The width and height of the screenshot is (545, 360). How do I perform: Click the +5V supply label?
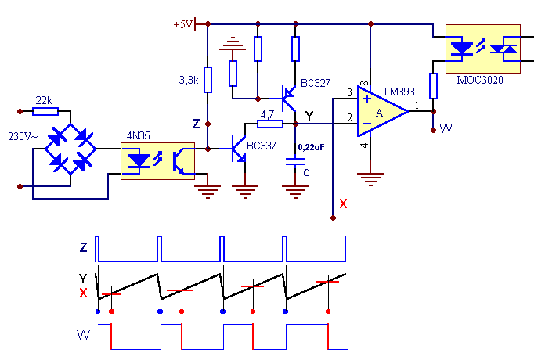point(182,25)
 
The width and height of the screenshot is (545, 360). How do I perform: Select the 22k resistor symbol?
point(45,112)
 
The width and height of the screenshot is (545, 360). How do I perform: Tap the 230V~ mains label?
point(23,136)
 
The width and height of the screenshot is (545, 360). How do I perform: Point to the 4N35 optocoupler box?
point(157,161)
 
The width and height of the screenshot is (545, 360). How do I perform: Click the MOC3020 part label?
point(480,81)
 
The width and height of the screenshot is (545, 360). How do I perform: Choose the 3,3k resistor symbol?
point(208,80)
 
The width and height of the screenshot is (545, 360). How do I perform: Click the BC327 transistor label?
point(316,83)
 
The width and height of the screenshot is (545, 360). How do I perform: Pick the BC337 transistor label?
point(262,146)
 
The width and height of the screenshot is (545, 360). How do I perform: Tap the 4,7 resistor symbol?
point(270,124)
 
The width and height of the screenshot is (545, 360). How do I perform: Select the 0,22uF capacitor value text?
point(311,147)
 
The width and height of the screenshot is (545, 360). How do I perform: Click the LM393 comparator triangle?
point(383,111)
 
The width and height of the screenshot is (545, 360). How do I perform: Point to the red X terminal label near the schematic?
point(343,203)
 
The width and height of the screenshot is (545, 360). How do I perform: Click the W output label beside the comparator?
point(446,128)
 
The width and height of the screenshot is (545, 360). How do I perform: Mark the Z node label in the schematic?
point(197,124)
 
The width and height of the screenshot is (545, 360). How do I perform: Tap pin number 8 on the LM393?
point(364,84)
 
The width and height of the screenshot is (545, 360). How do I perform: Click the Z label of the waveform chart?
point(84,247)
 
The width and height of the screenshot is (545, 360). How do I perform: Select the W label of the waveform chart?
point(84,335)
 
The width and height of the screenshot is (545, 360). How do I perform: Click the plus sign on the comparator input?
point(366,99)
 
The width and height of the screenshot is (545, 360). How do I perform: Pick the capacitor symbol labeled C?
point(295,161)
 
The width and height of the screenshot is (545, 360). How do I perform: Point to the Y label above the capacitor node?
point(309,116)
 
